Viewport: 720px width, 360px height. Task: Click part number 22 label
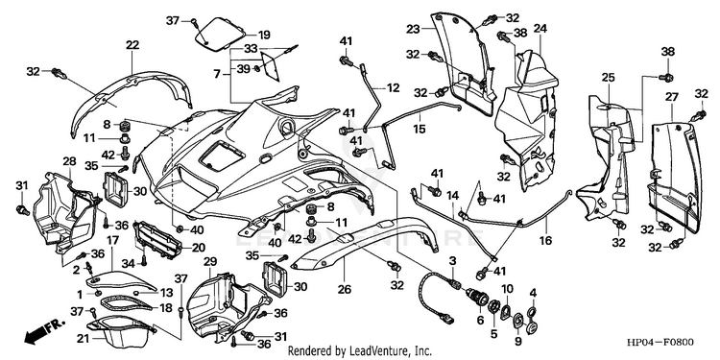pyautogui.click(x=132, y=45)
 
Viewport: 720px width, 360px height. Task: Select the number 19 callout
pyautogui.click(x=264, y=35)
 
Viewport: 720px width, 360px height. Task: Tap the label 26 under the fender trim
pyautogui.click(x=345, y=289)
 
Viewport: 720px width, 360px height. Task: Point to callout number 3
pyautogui.click(x=452, y=261)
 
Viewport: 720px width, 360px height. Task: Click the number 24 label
pyautogui.click(x=540, y=29)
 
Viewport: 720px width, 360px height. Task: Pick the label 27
pyautogui.click(x=672, y=97)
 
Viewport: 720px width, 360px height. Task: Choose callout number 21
pyautogui.click(x=83, y=339)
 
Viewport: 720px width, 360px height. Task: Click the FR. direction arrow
pyautogui.click(x=44, y=332)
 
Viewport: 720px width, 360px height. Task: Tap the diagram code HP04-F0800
pyautogui.click(x=660, y=343)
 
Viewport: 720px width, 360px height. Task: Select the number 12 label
pyautogui.click(x=393, y=87)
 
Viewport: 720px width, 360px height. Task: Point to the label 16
pyautogui.click(x=546, y=240)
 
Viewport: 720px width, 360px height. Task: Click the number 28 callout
pyautogui.click(x=69, y=161)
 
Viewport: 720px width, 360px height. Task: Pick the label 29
pyautogui.click(x=210, y=262)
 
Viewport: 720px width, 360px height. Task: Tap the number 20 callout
pyautogui.click(x=199, y=248)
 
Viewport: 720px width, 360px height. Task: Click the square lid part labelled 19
pyautogui.click(x=219, y=32)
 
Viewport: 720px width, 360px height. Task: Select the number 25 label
pyautogui.click(x=608, y=78)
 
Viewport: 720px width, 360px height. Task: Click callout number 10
pyautogui.click(x=507, y=289)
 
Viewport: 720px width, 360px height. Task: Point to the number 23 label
pyautogui.click(x=413, y=30)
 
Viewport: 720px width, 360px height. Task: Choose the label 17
pyautogui.click(x=112, y=240)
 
